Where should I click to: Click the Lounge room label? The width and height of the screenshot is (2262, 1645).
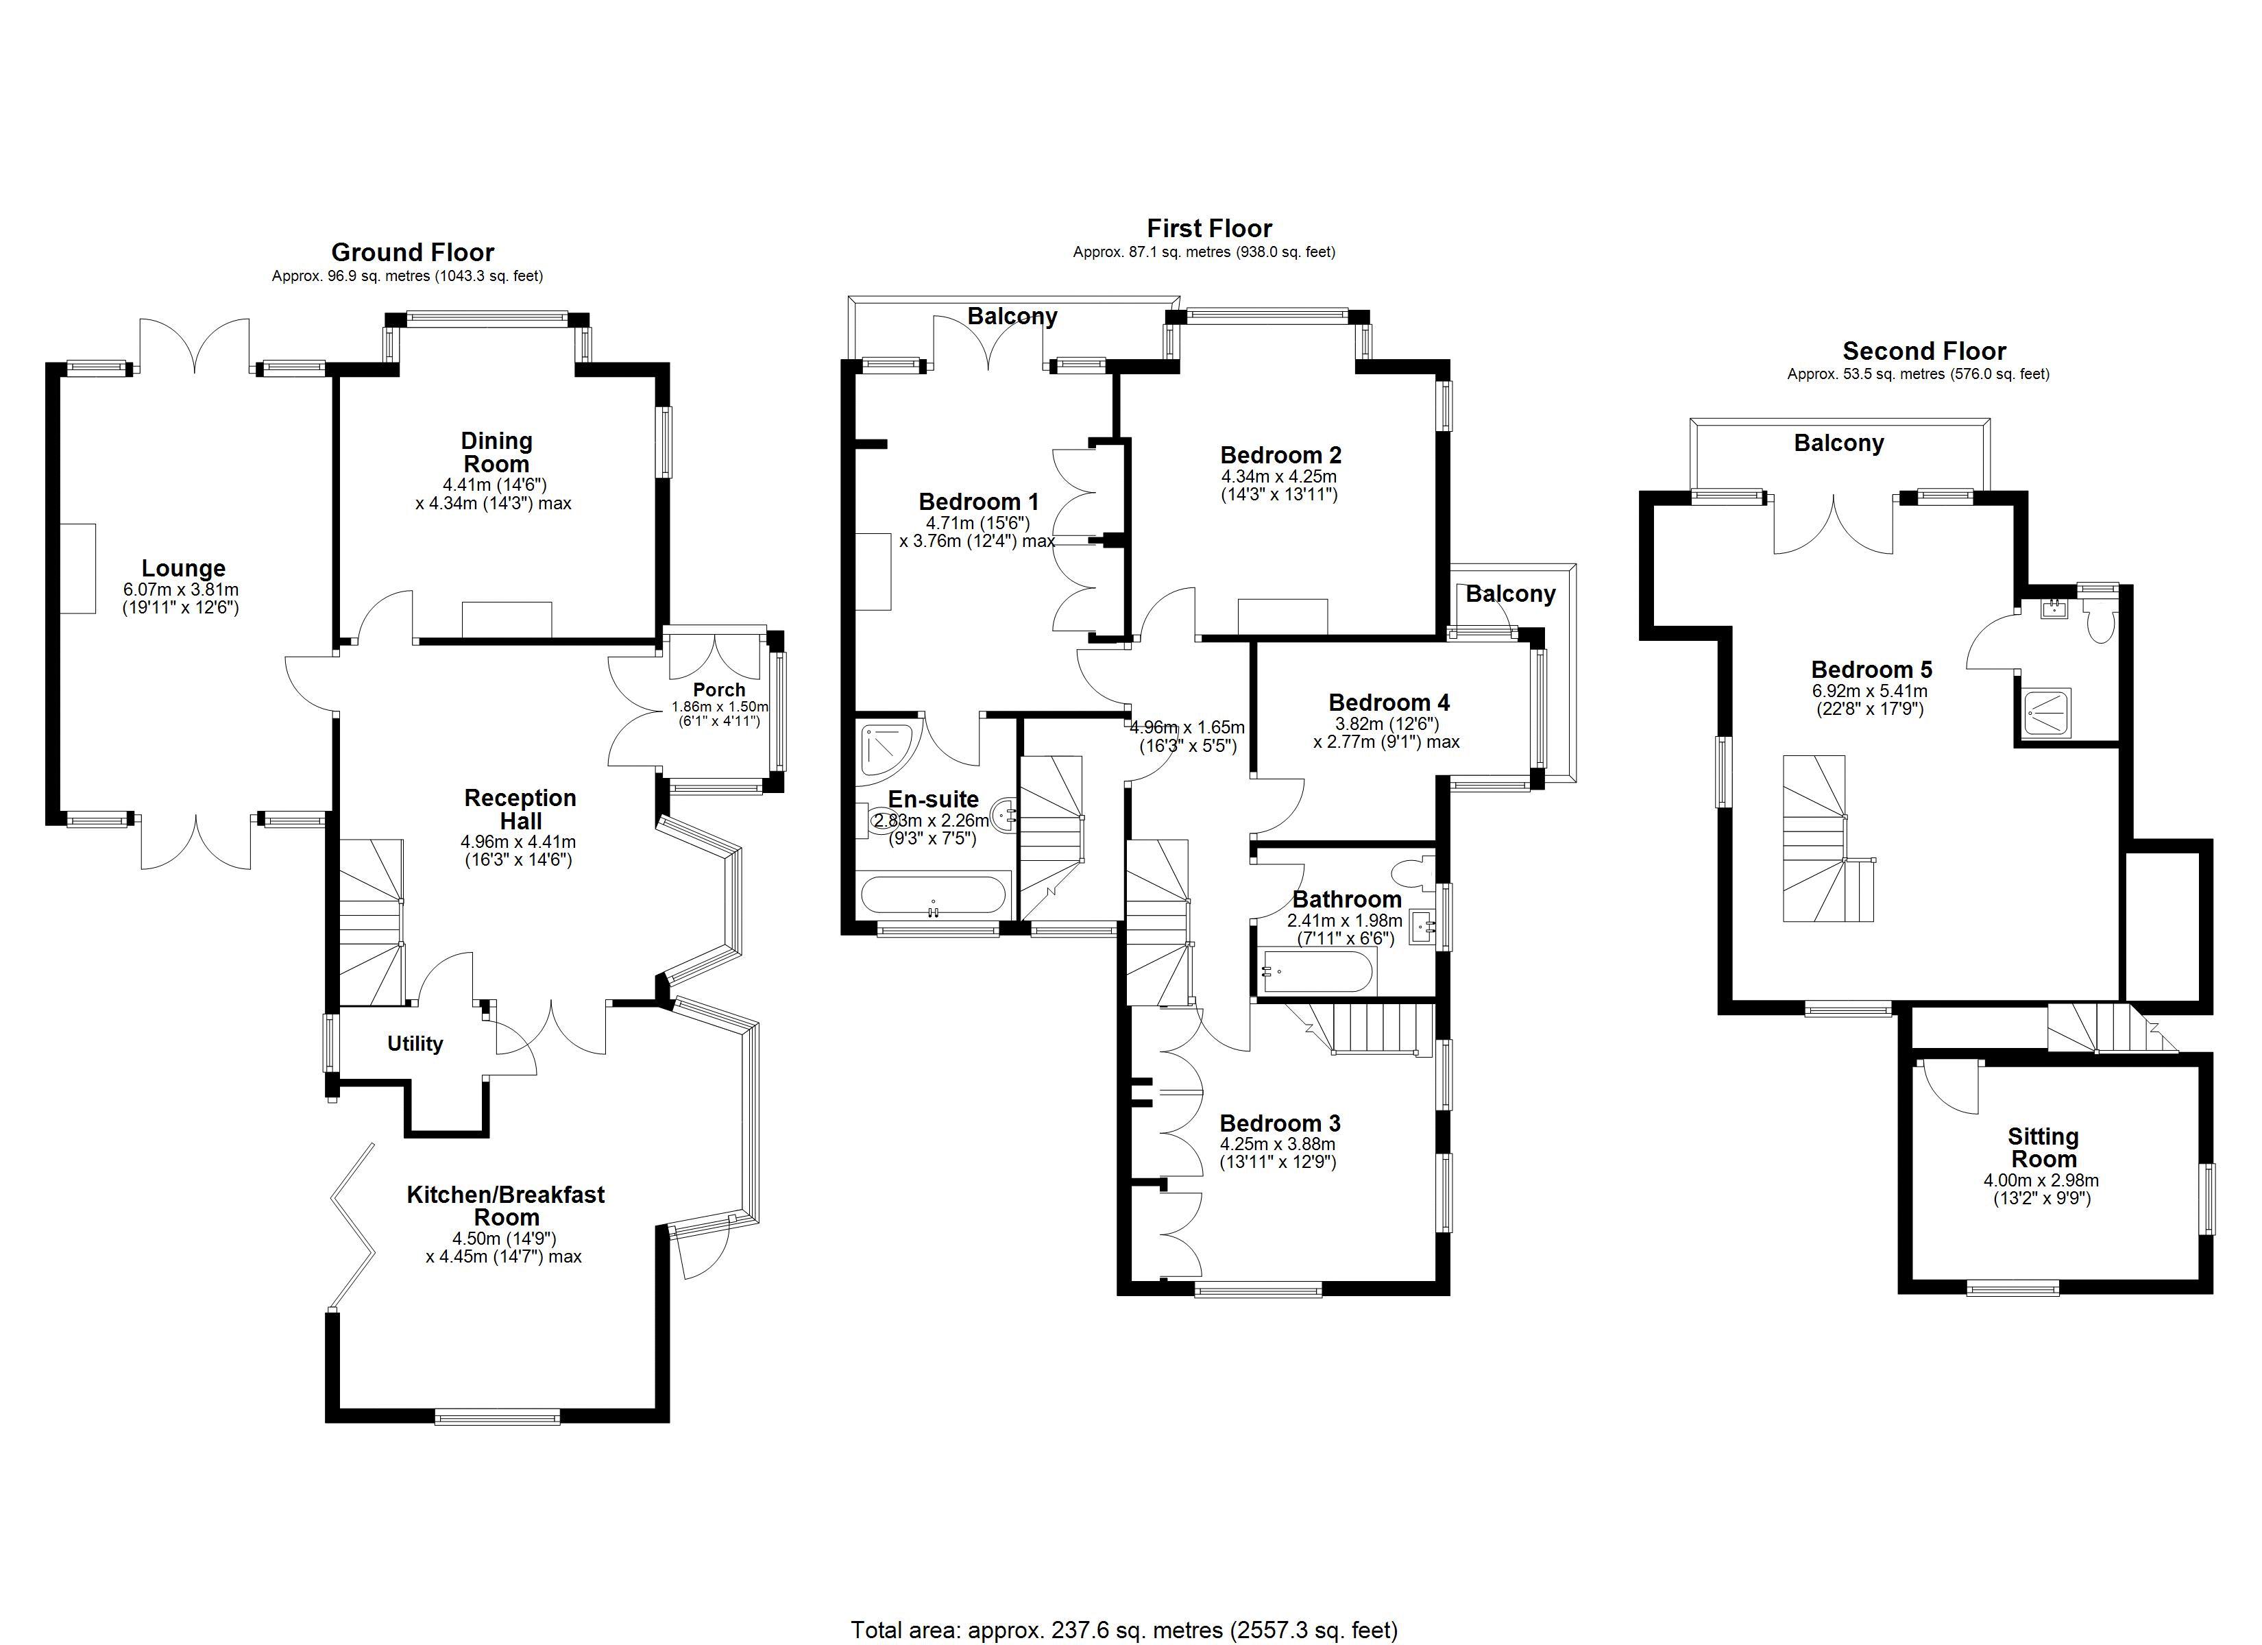tap(184, 569)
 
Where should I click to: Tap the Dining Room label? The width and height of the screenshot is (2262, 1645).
tap(497, 452)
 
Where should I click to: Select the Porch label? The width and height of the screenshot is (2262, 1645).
tap(719, 690)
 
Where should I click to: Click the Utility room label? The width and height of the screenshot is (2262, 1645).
tap(415, 1043)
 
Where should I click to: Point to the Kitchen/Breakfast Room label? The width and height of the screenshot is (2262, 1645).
tap(506, 1205)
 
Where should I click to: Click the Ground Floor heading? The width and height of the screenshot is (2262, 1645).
tap(413, 252)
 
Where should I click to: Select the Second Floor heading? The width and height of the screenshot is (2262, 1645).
tap(1924, 351)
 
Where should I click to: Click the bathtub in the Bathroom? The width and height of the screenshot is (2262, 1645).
tap(1317, 970)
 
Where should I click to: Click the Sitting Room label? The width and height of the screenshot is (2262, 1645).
tap(2043, 1148)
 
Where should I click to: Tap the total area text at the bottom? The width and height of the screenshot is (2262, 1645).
tap(1124, 1630)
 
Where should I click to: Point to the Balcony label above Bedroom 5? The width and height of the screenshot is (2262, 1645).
tap(1838, 443)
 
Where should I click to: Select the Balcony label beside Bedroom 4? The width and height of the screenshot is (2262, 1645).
tap(1510, 594)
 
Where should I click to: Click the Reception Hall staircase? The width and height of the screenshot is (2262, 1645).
tap(371, 922)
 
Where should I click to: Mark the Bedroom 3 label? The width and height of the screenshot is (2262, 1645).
tap(1280, 1123)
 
